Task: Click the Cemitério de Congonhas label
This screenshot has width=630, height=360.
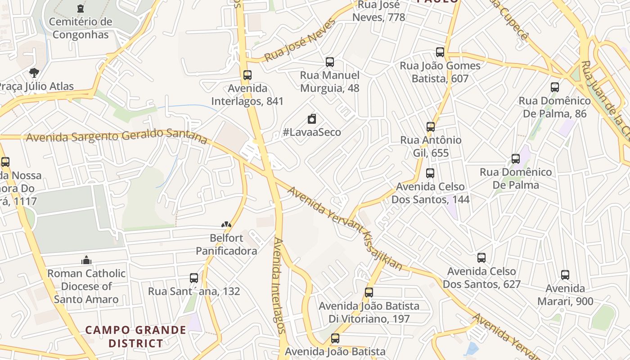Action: pos(81,28)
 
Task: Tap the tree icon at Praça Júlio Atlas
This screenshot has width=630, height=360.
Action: pos(34,73)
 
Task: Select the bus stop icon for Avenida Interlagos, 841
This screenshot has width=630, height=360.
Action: pos(247,75)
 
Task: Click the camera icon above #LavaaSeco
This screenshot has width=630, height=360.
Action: pos(312,119)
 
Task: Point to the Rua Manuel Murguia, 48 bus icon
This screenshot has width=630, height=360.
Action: pos(330,62)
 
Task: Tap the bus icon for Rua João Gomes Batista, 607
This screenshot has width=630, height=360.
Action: pos(440,52)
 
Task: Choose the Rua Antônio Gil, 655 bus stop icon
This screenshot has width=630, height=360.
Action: pos(431,127)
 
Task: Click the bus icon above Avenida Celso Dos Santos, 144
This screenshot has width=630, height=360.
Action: pos(430,173)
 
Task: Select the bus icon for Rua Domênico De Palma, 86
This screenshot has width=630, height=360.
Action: pos(555,87)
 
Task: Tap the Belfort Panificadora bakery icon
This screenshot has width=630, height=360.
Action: pos(226,224)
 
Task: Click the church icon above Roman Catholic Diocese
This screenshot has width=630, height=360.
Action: pos(86,260)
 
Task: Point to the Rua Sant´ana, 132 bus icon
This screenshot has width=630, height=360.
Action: pos(194,278)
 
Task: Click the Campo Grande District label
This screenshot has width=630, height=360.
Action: pos(136,336)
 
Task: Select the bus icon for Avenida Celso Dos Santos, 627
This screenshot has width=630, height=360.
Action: pos(481,258)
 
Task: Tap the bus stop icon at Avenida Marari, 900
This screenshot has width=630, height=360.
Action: pos(565,275)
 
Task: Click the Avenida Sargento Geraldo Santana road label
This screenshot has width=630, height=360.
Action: pos(117,135)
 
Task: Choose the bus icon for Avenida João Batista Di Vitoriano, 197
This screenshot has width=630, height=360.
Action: pos(369,292)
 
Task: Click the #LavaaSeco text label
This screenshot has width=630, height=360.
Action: pos(312,132)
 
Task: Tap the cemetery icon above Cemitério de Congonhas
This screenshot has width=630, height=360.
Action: pos(81,9)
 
